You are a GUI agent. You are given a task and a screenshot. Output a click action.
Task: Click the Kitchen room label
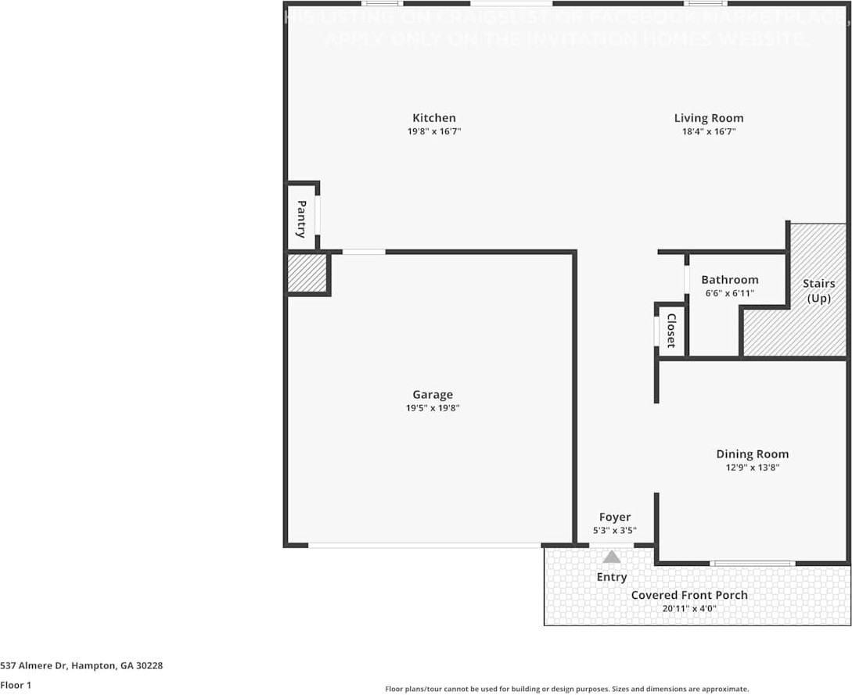click(x=434, y=118)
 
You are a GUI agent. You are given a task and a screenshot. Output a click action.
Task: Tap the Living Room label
click(x=709, y=118)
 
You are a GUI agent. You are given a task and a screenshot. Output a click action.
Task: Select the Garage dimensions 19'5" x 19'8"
click(x=433, y=408)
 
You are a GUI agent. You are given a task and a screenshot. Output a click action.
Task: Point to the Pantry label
click(x=301, y=219)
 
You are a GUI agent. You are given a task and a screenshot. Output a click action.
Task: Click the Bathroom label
click(x=729, y=280)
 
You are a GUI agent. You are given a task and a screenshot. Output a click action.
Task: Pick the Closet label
click(x=671, y=331)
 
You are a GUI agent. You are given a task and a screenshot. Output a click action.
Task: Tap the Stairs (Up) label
click(x=818, y=291)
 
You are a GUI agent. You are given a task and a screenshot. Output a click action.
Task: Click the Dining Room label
click(x=753, y=454)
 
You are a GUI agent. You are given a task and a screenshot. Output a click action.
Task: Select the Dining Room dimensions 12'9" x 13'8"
click(x=753, y=468)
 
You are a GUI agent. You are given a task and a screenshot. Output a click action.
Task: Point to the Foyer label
click(x=615, y=517)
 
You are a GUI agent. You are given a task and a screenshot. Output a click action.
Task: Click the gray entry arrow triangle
click(x=612, y=557)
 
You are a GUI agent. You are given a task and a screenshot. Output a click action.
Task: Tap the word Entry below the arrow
click(x=612, y=577)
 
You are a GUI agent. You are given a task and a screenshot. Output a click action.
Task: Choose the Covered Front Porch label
click(x=689, y=595)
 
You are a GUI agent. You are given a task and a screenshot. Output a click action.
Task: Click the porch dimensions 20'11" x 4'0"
click(x=689, y=608)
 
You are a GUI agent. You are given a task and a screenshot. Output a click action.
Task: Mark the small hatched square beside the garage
click(x=307, y=273)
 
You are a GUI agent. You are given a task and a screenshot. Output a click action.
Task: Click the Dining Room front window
click(x=753, y=563)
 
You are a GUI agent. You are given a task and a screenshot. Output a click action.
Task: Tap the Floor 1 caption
click(x=16, y=685)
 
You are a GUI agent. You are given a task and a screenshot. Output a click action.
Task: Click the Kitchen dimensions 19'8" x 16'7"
click(x=434, y=132)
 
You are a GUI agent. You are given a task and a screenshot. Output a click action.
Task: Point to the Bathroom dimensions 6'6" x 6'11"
click(x=729, y=293)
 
